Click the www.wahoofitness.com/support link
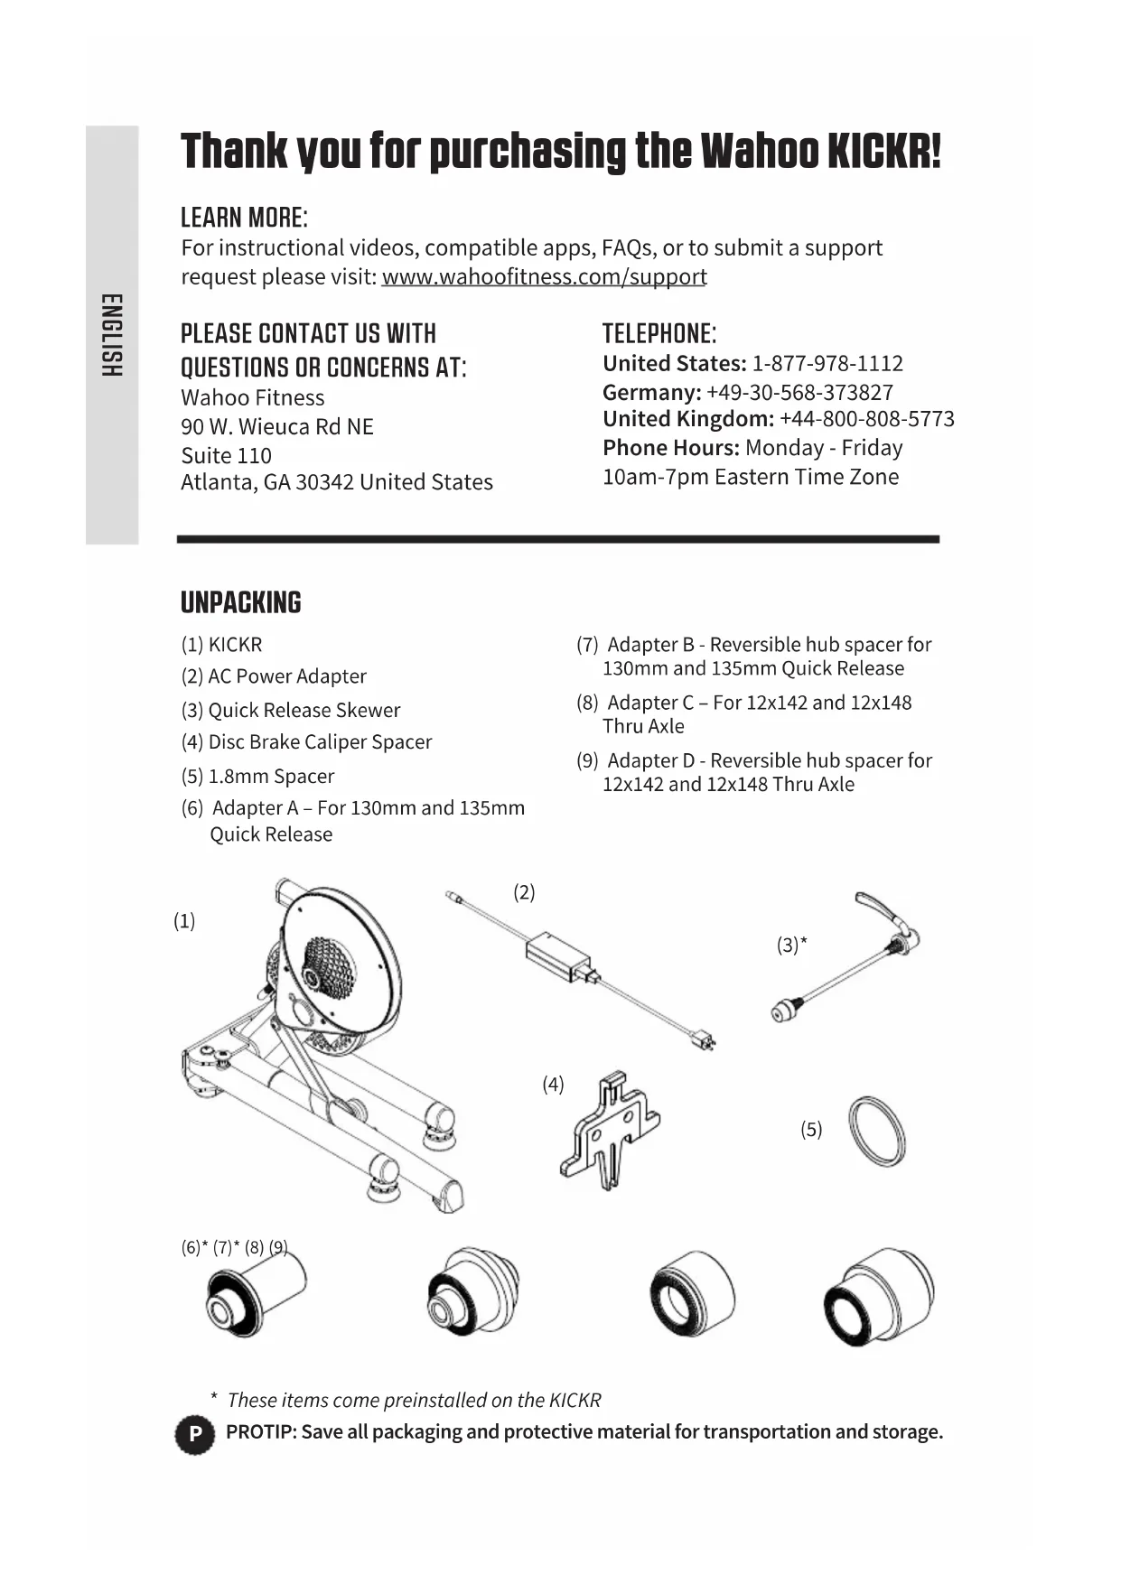point(544,276)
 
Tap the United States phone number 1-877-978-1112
point(827,364)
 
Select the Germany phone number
point(799,393)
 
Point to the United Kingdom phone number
point(866,419)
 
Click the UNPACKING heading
point(240,603)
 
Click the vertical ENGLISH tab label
point(111,335)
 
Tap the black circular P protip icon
point(194,1434)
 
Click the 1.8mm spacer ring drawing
point(876,1131)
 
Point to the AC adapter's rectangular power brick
point(558,955)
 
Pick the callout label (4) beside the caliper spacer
point(553,1085)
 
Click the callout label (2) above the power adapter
point(524,892)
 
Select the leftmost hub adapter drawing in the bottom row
point(256,1297)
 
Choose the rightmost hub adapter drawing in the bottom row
point(878,1297)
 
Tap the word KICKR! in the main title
point(883,152)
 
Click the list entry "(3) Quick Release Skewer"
point(290,711)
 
